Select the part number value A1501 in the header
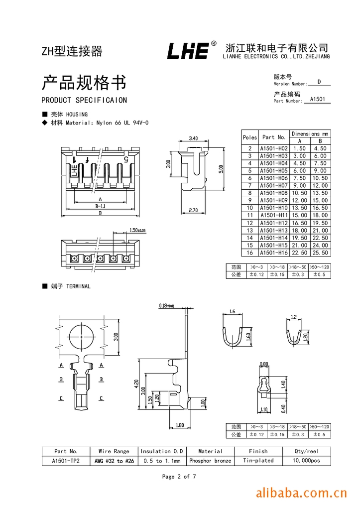click(x=317, y=99)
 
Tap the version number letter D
click(x=319, y=82)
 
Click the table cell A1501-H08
click(x=273, y=193)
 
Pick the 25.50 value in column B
click(x=320, y=253)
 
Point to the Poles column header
click(x=249, y=137)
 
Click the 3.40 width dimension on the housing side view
click(x=194, y=138)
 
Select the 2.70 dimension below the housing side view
click(x=193, y=210)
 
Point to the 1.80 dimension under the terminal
click(x=180, y=425)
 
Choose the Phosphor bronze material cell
click(x=210, y=461)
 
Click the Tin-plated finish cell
click(x=258, y=461)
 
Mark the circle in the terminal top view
click(x=81, y=337)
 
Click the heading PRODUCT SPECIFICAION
click(x=84, y=100)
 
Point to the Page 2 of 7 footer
click(x=179, y=477)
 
